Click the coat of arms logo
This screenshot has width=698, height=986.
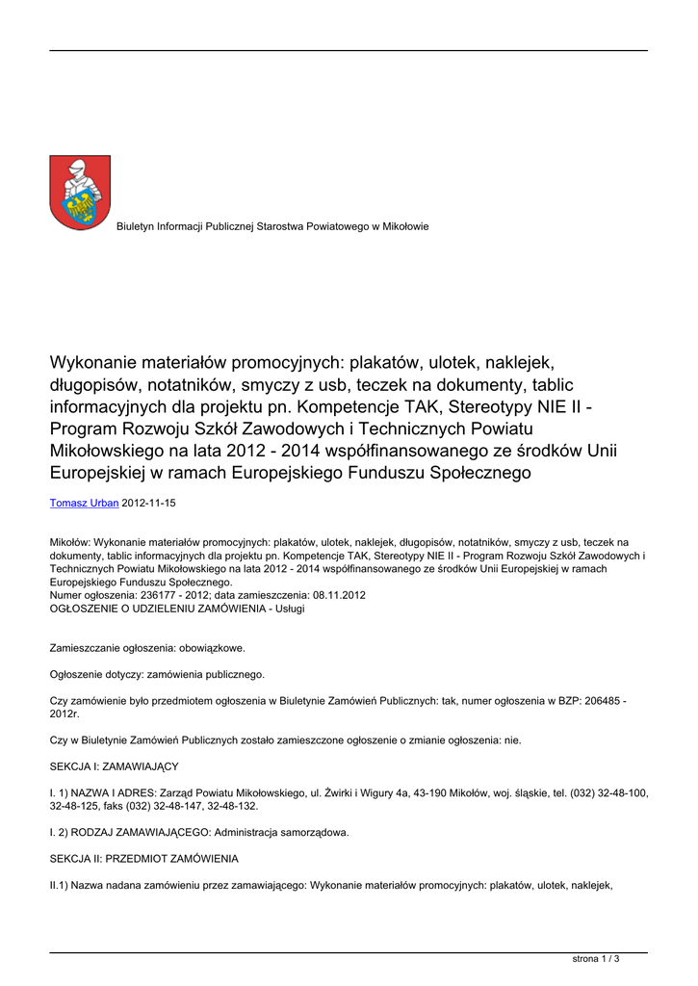[80, 193]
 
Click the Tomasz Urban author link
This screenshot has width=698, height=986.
[84, 503]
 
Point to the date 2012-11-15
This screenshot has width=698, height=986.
[148, 503]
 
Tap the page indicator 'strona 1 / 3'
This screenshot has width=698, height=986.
[596, 958]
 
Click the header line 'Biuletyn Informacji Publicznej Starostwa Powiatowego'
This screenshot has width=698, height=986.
[272, 226]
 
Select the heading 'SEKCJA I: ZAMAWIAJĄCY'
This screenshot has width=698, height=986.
[114, 766]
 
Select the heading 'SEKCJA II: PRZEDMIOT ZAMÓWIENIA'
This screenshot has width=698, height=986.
[143, 858]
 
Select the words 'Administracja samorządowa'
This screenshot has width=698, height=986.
[281, 832]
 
